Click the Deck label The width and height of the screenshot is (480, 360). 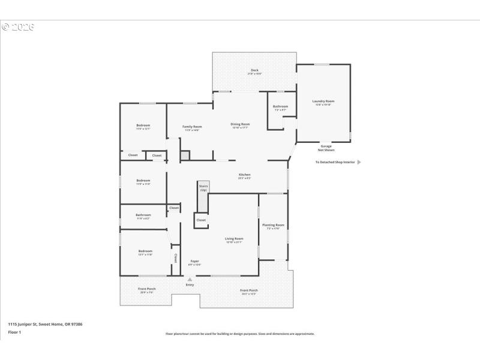click(x=254, y=71)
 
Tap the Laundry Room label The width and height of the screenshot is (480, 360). click(x=323, y=101)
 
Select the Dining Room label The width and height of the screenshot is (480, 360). click(x=240, y=124)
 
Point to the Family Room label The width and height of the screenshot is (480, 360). click(x=192, y=127)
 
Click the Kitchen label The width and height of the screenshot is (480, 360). click(x=244, y=175)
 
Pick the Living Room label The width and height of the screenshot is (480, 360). click(x=234, y=239)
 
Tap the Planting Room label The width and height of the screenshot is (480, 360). click(x=273, y=225)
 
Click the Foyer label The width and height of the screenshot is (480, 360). click(x=194, y=261)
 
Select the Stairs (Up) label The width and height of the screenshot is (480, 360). click(x=203, y=188)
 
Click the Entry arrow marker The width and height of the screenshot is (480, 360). click(x=190, y=280)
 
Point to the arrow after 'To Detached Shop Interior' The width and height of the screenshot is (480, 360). click(x=359, y=162)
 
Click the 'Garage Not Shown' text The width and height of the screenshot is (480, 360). click(x=326, y=148)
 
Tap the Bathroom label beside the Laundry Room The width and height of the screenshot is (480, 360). click(x=281, y=107)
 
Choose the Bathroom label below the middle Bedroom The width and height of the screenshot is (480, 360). click(x=143, y=215)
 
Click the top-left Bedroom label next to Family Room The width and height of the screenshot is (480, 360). click(x=143, y=125)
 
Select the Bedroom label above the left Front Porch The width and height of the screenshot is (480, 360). click(x=145, y=251)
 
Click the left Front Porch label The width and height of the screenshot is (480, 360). click(x=147, y=289)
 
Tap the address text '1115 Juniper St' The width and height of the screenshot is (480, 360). click(x=27, y=324)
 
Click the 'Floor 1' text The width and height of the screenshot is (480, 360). click(x=14, y=332)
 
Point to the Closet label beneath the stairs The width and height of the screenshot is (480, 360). click(x=201, y=220)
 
